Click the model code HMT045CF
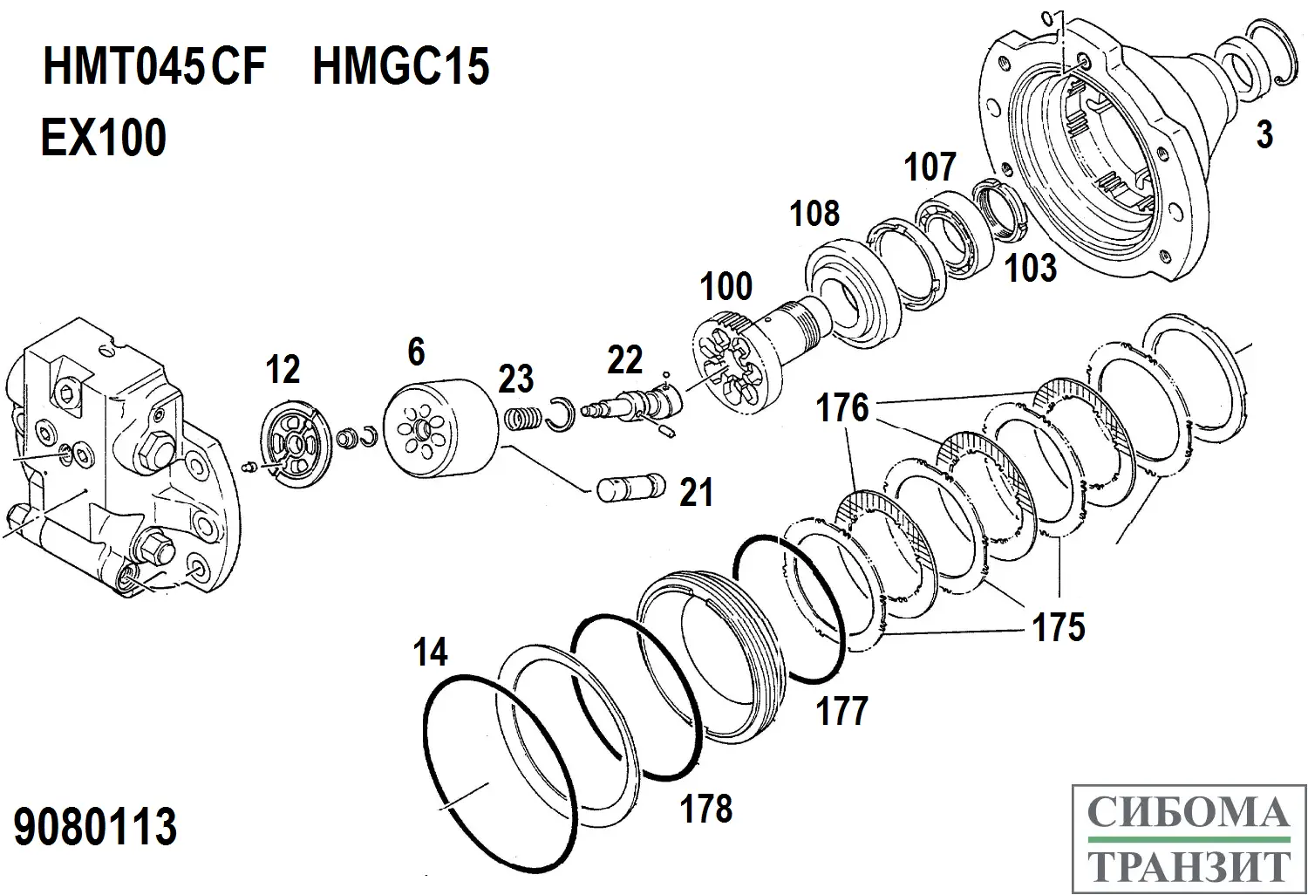pyautogui.click(x=153, y=67)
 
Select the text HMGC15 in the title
pyautogui.click(x=400, y=67)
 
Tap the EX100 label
pyautogui.click(x=103, y=138)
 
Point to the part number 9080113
pyautogui.click(x=96, y=826)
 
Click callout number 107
pyautogui.click(x=930, y=167)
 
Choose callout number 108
pyautogui.click(x=814, y=214)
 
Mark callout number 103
pyautogui.click(x=1031, y=268)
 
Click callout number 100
pyautogui.click(x=726, y=286)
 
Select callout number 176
pyautogui.click(x=842, y=407)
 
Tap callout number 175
pyautogui.click(x=1058, y=627)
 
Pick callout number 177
pyautogui.click(x=841, y=711)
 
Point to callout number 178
pyautogui.click(x=706, y=809)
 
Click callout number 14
pyautogui.click(x=430, y=652)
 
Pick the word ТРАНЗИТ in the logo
pyautogui.click(x=1189, y=866)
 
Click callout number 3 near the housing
pyautogui.click(x=1264, y=135)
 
